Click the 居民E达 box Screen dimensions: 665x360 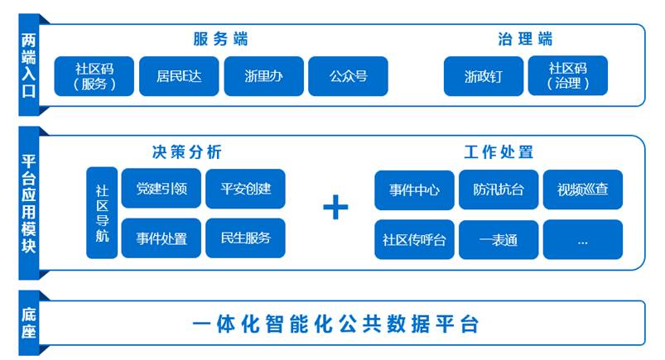pos(179,76)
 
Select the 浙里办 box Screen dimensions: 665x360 pos(264,76)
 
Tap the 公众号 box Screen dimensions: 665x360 pos(348,76)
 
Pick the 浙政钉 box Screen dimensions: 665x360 pos(484,76)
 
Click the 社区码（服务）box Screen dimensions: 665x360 pos(94,76)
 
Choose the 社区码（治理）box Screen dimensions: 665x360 pos(568,75)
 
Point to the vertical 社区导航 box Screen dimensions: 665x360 pos(102,213)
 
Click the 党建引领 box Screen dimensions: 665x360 pos(161,188)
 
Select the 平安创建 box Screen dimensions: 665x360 pos(246,189)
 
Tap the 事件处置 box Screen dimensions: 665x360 pos(161,238)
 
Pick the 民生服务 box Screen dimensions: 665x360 pos(246,238)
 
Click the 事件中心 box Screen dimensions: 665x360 pos(414,190)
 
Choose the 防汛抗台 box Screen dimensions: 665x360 pos(499,190)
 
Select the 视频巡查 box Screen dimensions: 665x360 pos(583,190)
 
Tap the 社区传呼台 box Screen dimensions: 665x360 pos(414,239)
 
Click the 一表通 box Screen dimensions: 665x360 pos(499,239)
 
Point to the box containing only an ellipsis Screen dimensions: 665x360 pos(583,239)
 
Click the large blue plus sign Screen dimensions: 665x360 pos(335,208)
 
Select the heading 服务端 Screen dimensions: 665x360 pos(220,39)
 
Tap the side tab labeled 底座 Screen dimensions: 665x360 pos(29,323)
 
